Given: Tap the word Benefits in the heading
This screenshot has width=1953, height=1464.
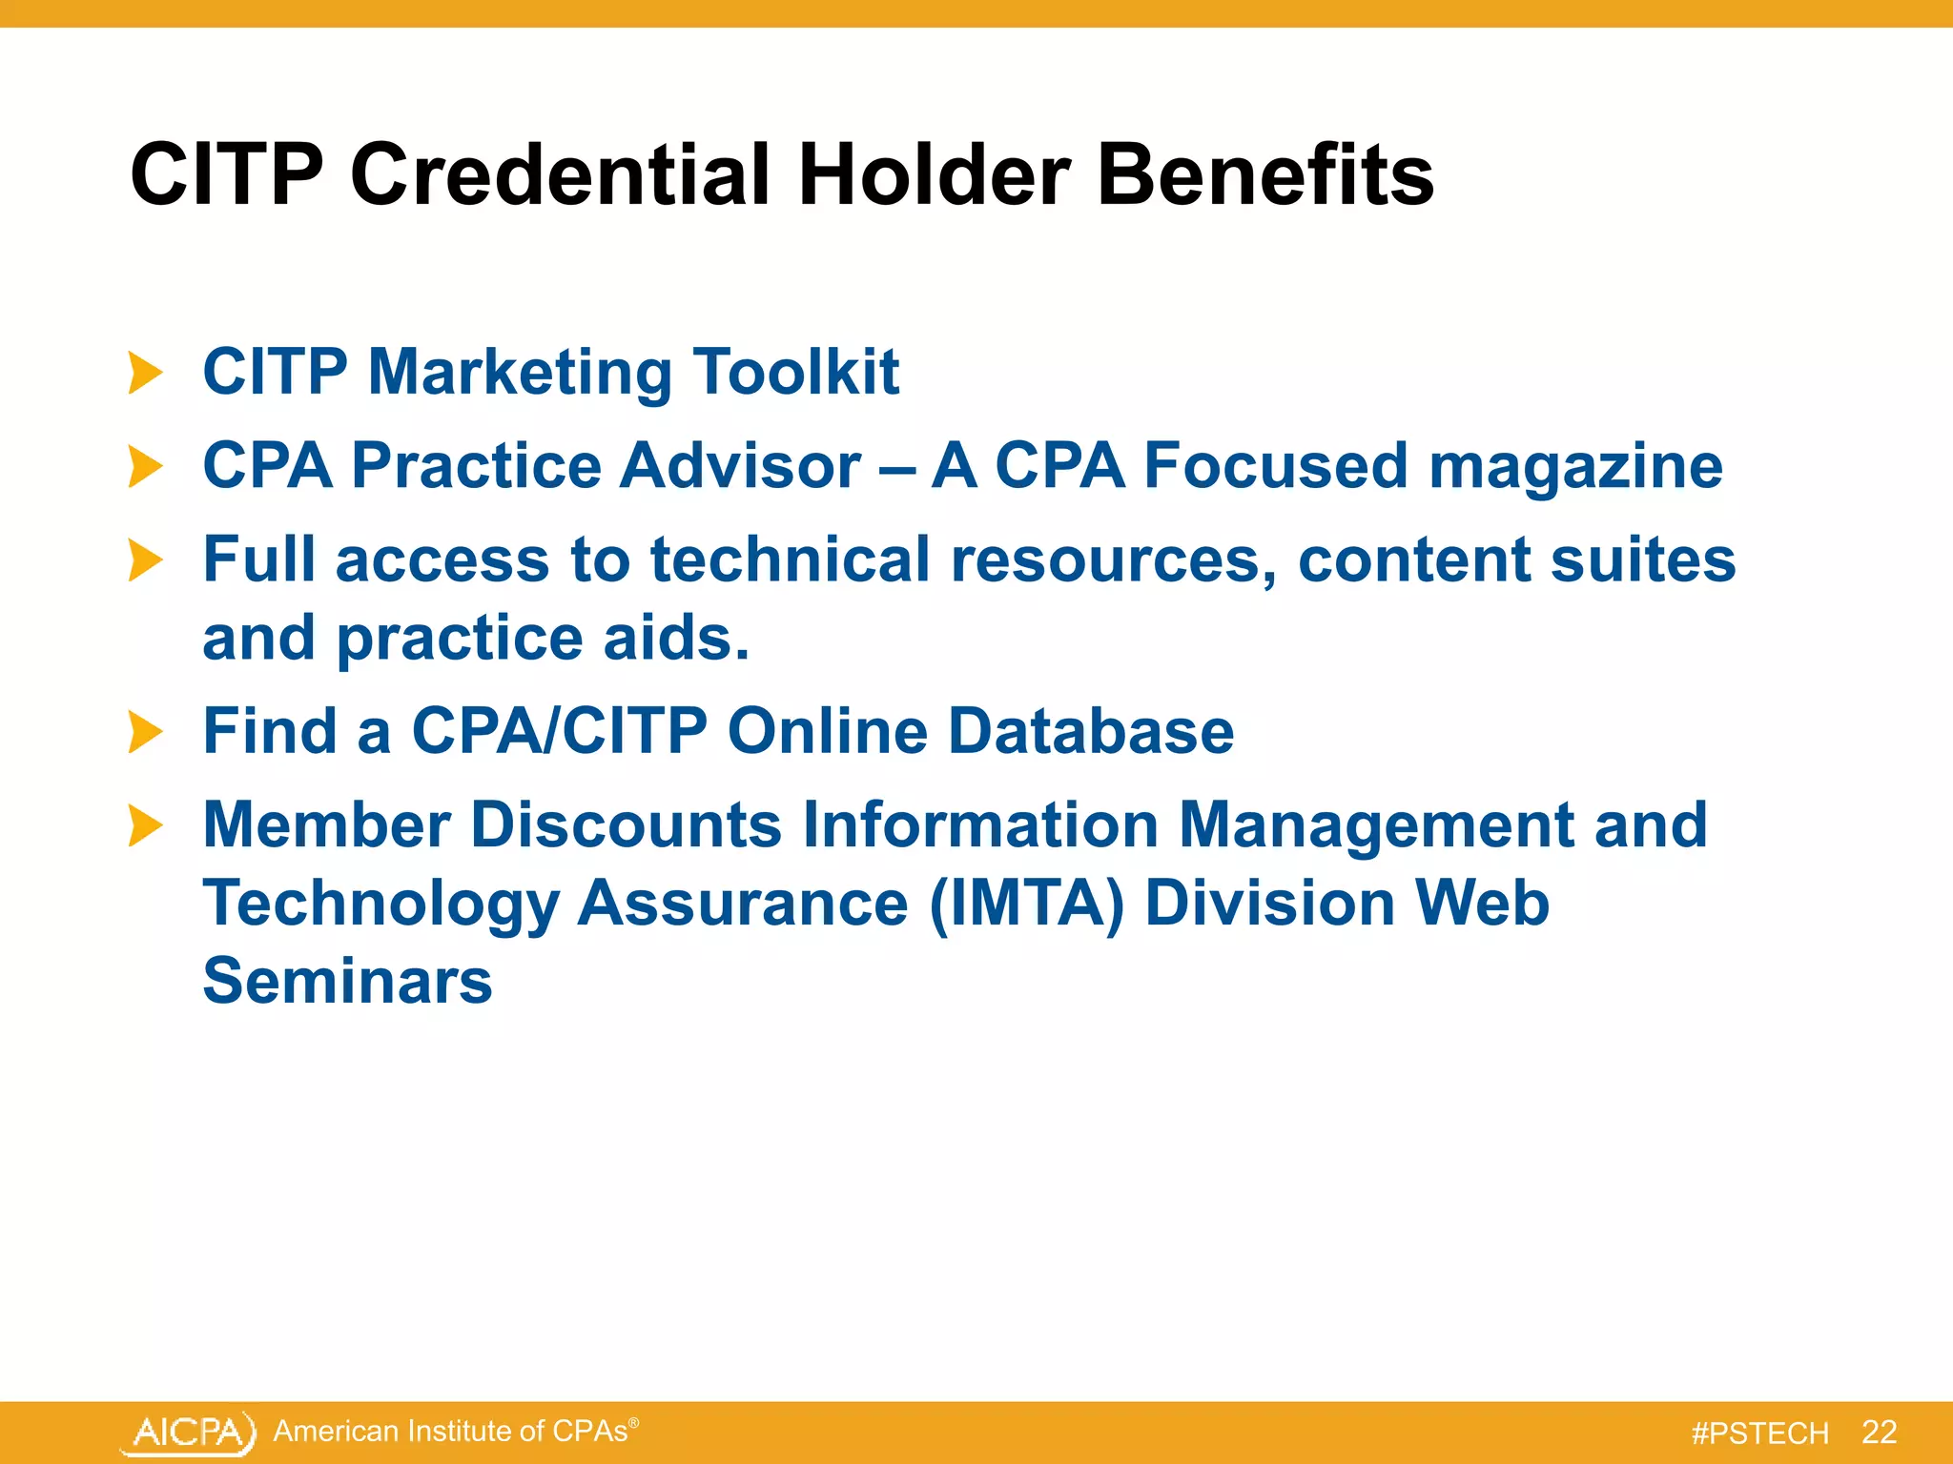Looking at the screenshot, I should pyautogui.click(x=1264, y=175).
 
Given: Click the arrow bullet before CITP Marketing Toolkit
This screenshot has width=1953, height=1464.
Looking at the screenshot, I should pyautogui.click(x=145, y=372).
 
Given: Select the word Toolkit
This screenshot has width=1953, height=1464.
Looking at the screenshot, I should pyautogui.click(x=795, y=372).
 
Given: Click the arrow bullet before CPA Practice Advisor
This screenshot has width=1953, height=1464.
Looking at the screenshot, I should pyautogui.click(x=145, y=467).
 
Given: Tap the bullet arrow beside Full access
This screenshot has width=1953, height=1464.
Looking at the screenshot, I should pyautogui.click(x=145, y=560).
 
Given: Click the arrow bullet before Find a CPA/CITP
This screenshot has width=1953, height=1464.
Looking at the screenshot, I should pyautogui.click(x=145, y=732).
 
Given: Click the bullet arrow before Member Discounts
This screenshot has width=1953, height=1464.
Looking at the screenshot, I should pyautogui.click(x=145, y=825).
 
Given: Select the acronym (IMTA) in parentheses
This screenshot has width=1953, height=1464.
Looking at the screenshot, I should pyautogui.click(x=1026, y=904).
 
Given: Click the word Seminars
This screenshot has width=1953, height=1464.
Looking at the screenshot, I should pyautogui.click(x=347, y=982).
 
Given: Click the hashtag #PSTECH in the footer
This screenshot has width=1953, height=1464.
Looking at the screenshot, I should pyautogui.click(x=1759, y=1433).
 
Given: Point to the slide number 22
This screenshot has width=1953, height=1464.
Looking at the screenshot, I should pyautogui.click(x=1879, y=1432).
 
